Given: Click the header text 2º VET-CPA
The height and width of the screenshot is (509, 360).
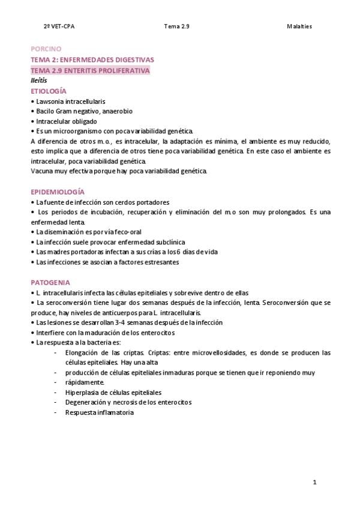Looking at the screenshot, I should [x=59, y=26].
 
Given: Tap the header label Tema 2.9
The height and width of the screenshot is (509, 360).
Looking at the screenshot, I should [x=176, y=26].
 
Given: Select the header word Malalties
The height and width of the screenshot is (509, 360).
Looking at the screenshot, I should [x=299, y=26].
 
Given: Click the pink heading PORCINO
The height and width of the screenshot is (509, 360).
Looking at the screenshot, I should [x=46, y=49].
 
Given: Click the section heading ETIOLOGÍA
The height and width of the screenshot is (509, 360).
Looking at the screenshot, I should [x=49, y=91].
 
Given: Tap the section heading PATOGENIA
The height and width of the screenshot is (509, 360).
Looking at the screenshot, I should [x=50, y=282].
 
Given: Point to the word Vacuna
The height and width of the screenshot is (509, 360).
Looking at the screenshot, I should [x=41, y=171].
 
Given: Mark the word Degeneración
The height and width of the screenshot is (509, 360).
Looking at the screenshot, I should [x=85, y=402].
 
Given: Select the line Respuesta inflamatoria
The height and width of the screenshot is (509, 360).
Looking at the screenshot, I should [x=100, y=412].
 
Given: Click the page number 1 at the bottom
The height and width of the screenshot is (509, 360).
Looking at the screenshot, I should [x=314, y=483].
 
